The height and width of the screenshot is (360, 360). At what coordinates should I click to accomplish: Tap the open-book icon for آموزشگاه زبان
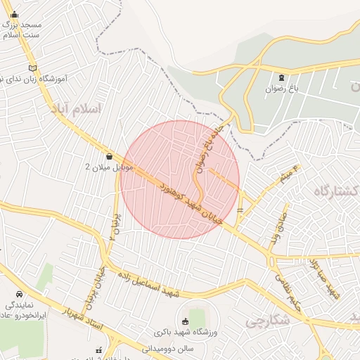tap(31, 67)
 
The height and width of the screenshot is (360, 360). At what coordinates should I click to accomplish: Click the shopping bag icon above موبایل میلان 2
tap(109, 156)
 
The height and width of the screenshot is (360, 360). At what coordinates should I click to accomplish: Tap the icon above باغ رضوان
tap(282, 77)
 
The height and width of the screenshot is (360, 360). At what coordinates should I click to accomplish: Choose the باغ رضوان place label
tap(282, 89)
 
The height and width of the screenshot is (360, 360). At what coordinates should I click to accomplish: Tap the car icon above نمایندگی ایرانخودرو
tap(18, 294)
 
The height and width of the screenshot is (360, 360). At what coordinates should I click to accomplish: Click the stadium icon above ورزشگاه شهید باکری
tap(186, 321)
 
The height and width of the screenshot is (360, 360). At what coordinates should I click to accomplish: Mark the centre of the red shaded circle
tap(180, 180)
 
